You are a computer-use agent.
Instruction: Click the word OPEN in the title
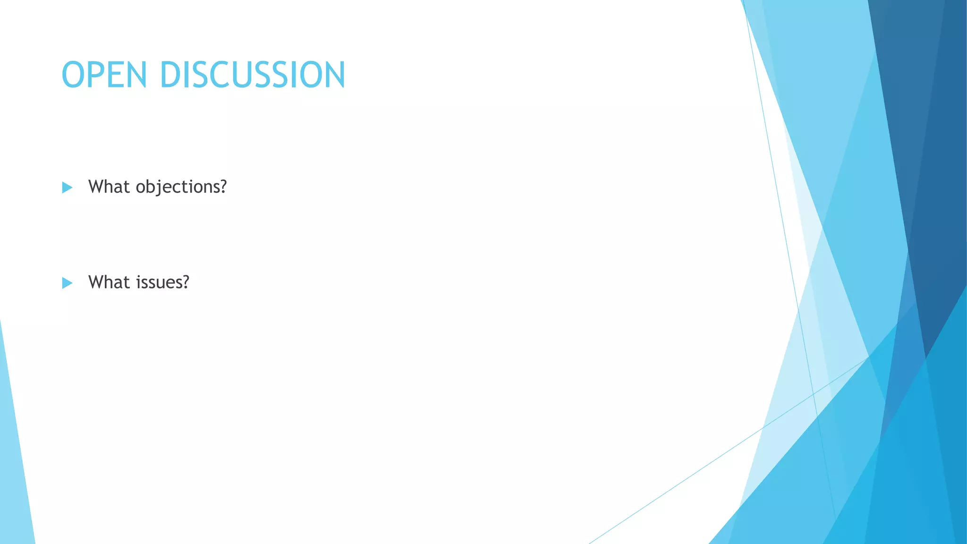point(104,75)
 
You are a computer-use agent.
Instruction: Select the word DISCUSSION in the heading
point(253,75)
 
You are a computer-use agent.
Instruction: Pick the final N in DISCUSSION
point(333,75)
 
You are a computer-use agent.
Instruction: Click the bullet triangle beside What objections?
point(67,187)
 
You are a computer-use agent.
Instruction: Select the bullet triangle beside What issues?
point(67,283)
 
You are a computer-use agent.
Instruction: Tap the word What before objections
point(109,187)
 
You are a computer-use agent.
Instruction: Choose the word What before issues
point(109,282)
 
